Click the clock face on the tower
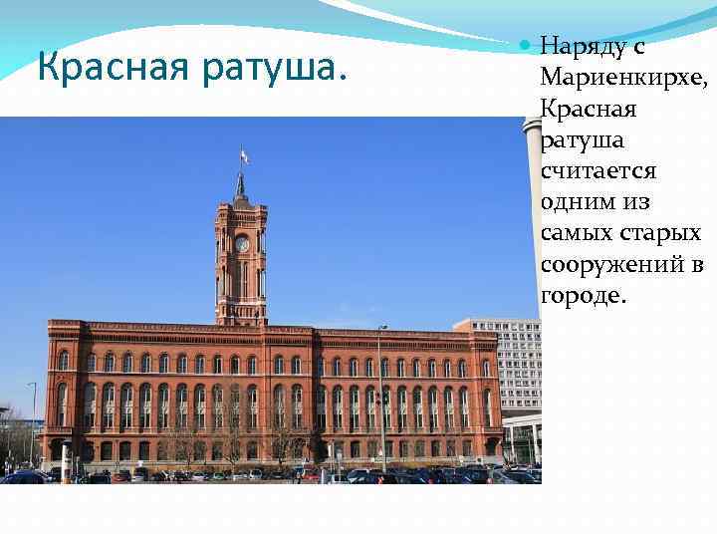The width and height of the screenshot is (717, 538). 242,244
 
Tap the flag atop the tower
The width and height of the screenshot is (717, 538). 244,155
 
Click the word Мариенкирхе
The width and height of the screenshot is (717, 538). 623,77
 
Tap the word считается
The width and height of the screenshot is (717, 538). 597,171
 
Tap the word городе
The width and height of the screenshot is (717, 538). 583,297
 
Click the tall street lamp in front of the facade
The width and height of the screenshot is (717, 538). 379,399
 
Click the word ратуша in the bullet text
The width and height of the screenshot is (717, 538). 582,139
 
